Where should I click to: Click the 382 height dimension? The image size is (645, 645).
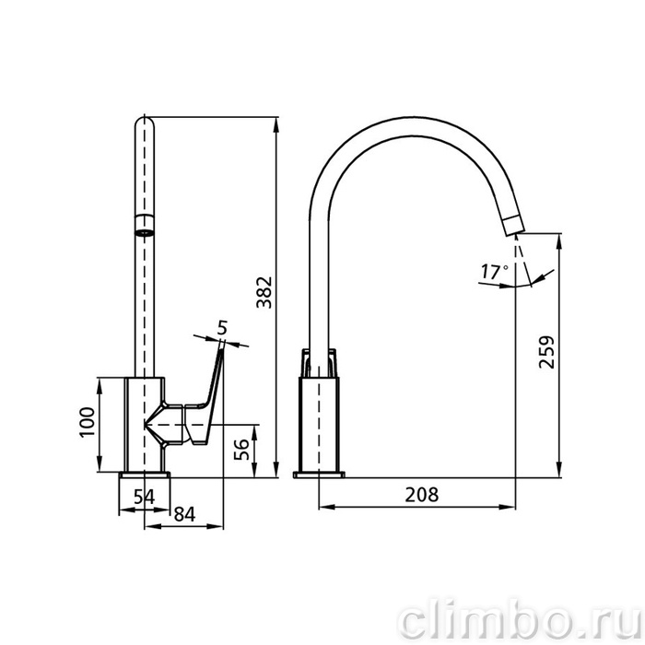coord(264,292)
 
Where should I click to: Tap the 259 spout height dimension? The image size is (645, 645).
coord(546,352)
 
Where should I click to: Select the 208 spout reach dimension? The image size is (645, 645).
coord(422,495)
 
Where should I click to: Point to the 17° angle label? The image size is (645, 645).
coord(495,272)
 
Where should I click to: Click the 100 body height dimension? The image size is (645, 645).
coord(88,422)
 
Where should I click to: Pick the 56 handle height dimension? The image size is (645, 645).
coord(241,450)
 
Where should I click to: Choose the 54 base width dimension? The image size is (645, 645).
coord(144,497)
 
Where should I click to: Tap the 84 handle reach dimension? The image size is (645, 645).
coord(184,514)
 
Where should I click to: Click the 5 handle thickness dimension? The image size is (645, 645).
coord(222,328)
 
